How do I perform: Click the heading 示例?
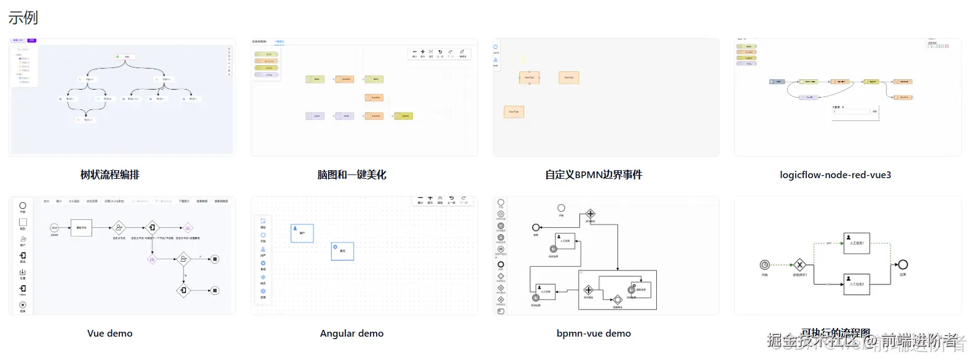[x=23, y=17]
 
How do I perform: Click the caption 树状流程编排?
[x=110, y=175]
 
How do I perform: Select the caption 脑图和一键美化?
[x=351, y=175]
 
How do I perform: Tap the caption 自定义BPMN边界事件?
[x=594, y=175]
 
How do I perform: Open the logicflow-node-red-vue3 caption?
[x=835, y=175]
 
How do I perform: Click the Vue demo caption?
[x=110, y=334]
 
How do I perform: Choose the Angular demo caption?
[x=351, y=334]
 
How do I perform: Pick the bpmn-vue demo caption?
[x=594, y=334]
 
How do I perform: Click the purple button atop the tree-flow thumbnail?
[x=32, y=41]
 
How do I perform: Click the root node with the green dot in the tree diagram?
[x=125, y=57]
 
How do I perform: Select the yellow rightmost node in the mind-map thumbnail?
[x=403, y=115]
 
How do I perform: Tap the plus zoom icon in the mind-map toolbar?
[x=423, y=52]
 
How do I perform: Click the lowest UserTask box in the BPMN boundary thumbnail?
[x=514, y=112]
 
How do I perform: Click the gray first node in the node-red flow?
[x=777, y=82]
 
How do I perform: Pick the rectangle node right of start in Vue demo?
[x=81, y=228]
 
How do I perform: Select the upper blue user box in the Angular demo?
[x=302, y=233]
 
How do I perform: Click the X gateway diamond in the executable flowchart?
[x=799, y=265]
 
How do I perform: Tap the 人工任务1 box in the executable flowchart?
[x=856, y=243]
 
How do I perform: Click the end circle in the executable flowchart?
[x=903, y=265]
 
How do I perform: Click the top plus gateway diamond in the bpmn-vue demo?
[x=590, y=214]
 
